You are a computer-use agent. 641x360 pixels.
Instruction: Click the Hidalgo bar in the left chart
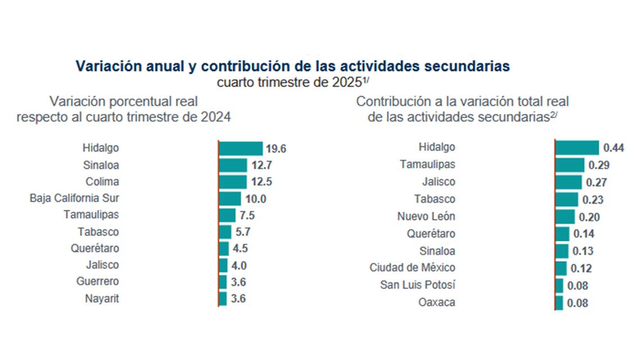(241, 148)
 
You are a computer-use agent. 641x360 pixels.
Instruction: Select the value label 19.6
(277, 149)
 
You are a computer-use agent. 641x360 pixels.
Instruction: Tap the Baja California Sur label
(74, 199)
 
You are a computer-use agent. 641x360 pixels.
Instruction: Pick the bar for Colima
(233, 182)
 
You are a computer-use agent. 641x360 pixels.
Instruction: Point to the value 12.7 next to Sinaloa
(261, 165)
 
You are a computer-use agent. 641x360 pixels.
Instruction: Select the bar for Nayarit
(223, 299)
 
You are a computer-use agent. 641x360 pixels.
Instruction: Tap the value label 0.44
(614, 148)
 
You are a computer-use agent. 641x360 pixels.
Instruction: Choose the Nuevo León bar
(565, 217)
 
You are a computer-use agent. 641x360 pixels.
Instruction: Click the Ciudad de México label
(412, 268)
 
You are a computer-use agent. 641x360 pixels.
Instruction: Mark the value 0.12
(580, 269)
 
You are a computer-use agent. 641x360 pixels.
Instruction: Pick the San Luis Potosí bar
(559, 286)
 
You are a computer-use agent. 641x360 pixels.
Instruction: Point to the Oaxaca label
(436, 303)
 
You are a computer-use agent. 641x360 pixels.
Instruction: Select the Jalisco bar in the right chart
(568, 182)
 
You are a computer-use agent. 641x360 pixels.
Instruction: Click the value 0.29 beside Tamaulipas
(599, 165)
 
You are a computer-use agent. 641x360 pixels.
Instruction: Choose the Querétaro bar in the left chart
(224, 249)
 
